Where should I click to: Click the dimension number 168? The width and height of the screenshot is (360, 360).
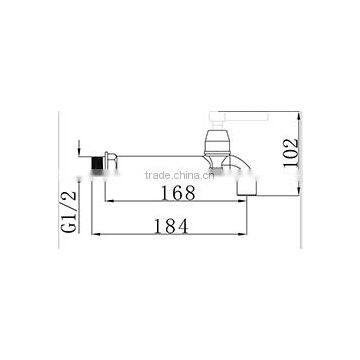pyautogui.click(x=178, y=193)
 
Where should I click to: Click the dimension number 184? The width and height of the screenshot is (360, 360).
pyautogui.click(x=171, y=226)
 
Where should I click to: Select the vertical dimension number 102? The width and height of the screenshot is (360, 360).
pyautogui.click(x=289, y=152)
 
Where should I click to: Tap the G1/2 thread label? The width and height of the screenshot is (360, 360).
pyautogui.click(x=69, y=212)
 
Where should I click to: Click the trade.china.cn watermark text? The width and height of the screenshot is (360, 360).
pyautogui.click(x=180, y=175)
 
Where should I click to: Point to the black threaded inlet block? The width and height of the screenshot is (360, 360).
pyautogui.click(x=97, y=163)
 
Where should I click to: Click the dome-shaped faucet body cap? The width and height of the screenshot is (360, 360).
pyautogui.click(x=217, y=140)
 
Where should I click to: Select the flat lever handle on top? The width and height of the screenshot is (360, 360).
pyautogui.click(x=239, y=116)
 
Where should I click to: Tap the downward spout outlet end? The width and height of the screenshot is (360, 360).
pyautogui.click(x=247, y=188)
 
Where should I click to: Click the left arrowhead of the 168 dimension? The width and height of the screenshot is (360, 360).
pyautogui.click(x=109, y=201)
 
